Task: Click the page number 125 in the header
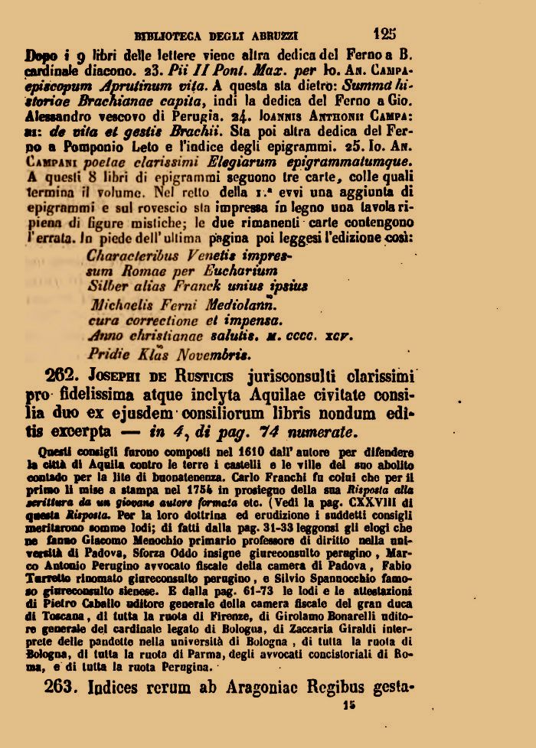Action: tap(385, 33)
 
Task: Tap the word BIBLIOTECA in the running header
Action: tap(165, 35)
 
